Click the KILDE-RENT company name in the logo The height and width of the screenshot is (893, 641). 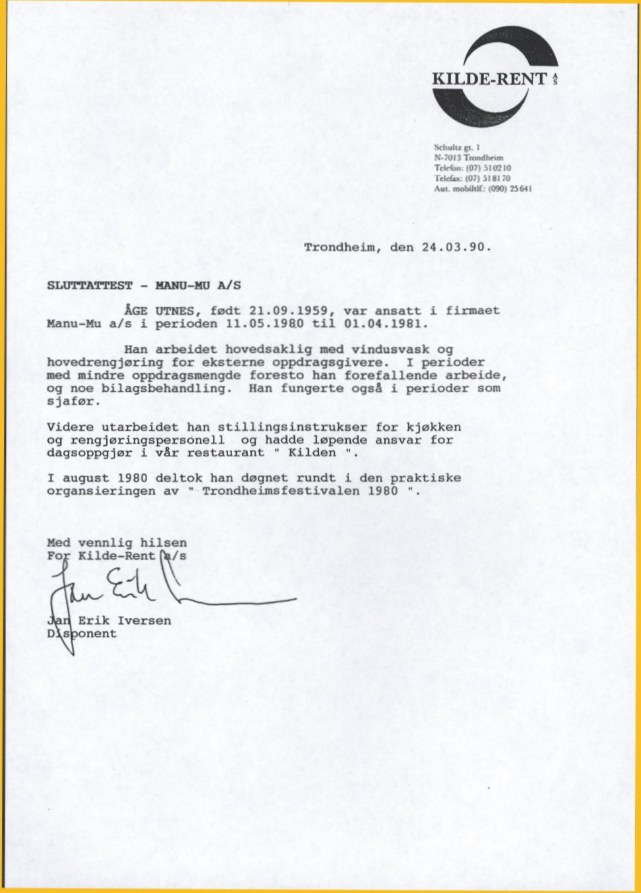click(x=489, y=79)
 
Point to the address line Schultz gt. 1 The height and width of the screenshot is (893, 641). click(x=457, y=147)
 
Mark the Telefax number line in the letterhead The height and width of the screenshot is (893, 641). click(x=472, y=178)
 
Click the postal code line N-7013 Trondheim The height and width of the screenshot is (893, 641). click(x=468, y=158)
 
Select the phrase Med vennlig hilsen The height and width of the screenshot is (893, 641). click(x=117, y=543)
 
